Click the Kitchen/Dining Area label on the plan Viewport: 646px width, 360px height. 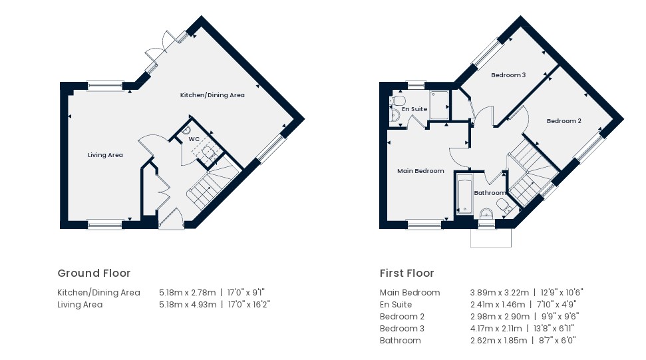click(212, 95)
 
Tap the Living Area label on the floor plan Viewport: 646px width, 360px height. click(105, 155)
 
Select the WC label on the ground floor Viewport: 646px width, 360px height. click(194, 139)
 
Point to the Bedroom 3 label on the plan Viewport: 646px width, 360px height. click(508, 75)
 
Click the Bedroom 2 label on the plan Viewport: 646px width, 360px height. click(564, 121)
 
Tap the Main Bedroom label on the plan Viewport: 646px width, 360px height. click(420, 171)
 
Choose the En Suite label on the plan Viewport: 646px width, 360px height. click(414, 109)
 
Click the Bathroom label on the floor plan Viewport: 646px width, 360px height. click(490, 193)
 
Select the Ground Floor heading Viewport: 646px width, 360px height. click(94, 273)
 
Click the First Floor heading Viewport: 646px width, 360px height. click(407, 273)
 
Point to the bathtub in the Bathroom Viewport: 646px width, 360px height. click(464, 194)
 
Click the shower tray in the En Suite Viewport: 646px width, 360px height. click(439, 105)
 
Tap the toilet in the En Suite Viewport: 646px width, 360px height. click(399, 100)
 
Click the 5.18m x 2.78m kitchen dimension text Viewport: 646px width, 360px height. click(188, 293)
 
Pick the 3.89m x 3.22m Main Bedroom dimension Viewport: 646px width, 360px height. click(500, 293)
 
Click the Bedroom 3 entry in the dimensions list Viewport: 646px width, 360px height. click(402, 329)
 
